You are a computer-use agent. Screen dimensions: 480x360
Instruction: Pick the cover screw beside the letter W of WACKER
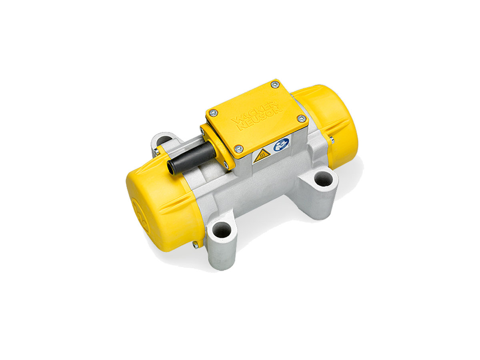212,113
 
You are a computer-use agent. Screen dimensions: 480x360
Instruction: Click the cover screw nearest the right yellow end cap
301,118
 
